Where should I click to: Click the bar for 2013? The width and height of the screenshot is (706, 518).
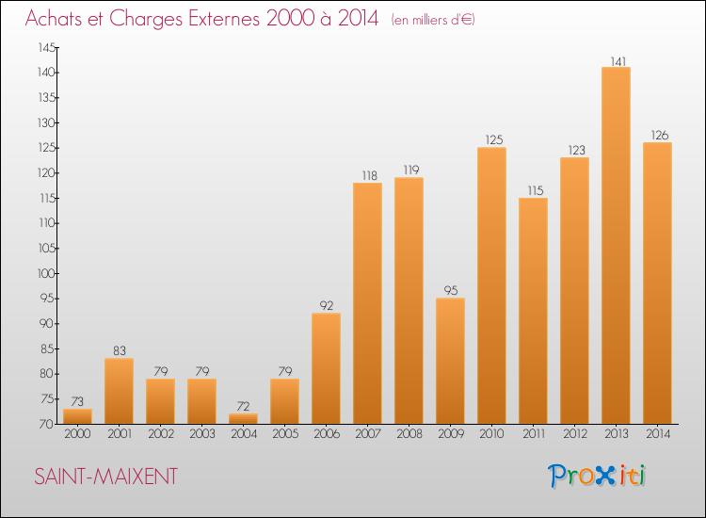[616, 245]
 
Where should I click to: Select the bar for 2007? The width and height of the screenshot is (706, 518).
[367, 302]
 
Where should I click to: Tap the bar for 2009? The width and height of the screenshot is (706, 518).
[450, 361]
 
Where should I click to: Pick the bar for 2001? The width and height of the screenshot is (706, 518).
[119, 391]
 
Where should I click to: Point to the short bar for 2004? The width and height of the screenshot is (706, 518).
[243, 418]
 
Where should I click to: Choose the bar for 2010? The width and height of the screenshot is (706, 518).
[491, 285]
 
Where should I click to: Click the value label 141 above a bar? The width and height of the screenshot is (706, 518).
[616, 60]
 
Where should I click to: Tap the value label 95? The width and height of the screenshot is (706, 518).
[450, 291]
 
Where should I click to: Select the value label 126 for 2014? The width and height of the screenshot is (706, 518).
[657, 136]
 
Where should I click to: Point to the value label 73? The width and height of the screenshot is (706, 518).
[77, 401]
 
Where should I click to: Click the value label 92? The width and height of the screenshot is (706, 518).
[326, 306]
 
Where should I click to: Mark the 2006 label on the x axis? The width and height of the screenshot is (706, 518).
[326, 434]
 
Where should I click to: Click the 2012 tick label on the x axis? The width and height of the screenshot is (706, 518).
[574, 434]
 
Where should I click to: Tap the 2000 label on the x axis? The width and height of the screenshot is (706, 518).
[77, 434]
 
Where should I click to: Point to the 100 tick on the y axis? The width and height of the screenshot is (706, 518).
[46, 273]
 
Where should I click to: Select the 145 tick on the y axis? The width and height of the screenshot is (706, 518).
[46, 47]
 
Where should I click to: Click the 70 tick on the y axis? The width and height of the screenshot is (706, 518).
[48, 424]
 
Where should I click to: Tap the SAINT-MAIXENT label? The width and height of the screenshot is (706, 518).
[105, 477]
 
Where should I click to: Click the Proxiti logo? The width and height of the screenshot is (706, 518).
[598, 476]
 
